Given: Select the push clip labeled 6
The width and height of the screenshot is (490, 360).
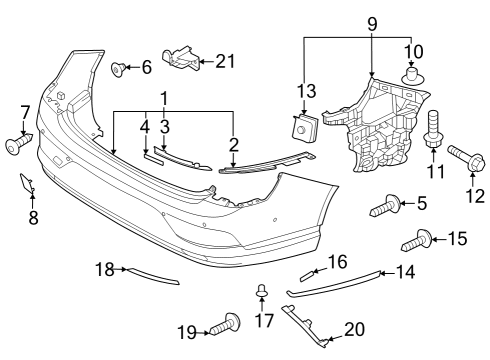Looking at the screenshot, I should point(120,68).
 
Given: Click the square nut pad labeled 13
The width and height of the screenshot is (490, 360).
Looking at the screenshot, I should point(301,127).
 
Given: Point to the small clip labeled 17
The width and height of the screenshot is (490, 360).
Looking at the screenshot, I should point(261,292).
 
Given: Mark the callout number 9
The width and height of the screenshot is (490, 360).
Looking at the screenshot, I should point(371,20).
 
